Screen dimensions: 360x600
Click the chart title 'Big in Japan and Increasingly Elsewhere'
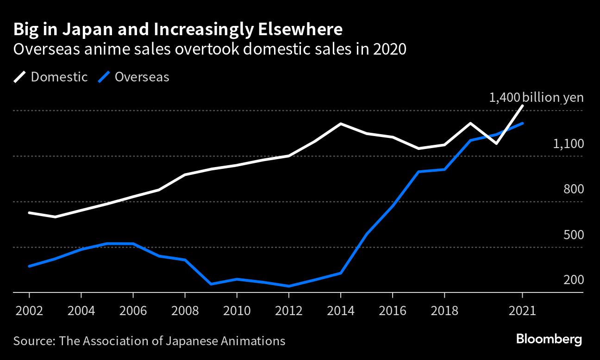178,30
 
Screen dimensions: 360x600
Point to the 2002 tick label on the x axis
29,310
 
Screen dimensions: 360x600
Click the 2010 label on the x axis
237,310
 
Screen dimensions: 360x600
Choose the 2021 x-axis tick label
522,310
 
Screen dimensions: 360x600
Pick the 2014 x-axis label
340,310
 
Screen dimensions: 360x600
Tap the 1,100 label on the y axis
568,144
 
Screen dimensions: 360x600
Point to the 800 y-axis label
574,189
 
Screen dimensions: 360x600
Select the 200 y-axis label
574,280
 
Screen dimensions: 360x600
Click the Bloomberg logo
549,339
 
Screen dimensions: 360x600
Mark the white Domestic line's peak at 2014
341,124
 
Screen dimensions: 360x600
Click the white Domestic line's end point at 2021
523,106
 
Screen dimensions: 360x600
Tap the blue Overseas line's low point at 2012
289,286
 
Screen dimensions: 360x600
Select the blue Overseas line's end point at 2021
523,124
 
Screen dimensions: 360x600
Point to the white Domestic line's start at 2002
29,212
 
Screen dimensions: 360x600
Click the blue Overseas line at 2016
393,206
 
